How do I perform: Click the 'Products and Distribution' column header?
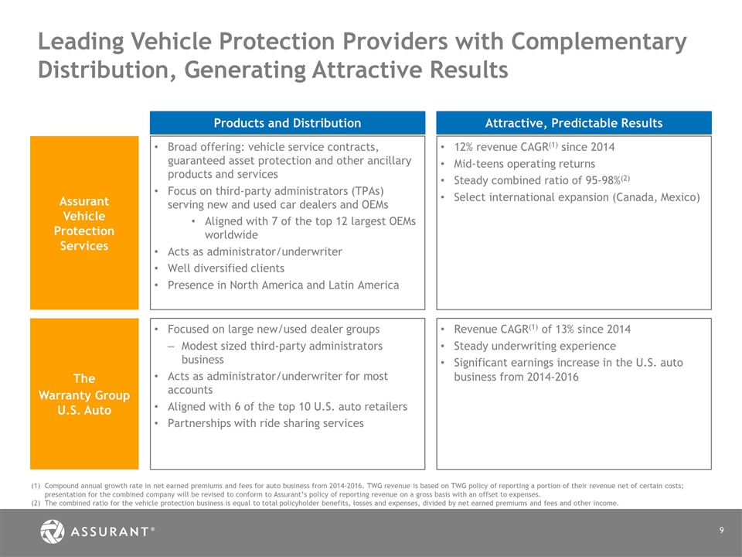coord(287,123)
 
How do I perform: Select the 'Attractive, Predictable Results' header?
coord(573,123)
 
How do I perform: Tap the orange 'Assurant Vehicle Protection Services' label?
coord(84,224)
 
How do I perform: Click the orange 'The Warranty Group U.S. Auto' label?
coord(84,394)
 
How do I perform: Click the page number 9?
coord(720,530)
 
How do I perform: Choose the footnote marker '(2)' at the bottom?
coord(36,503)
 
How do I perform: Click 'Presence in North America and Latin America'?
coord(283,285)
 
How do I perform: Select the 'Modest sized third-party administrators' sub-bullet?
coord(281,346)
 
